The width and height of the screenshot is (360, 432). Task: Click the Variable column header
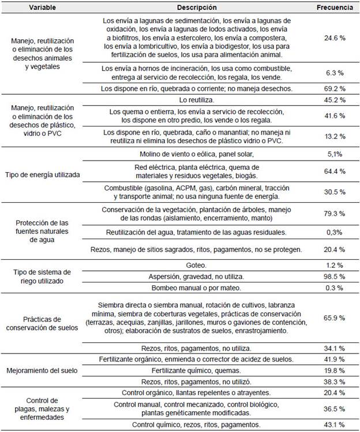click(42, 8)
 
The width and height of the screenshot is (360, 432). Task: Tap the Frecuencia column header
click(335, 8)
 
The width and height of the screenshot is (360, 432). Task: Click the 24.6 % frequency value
click(335, 38)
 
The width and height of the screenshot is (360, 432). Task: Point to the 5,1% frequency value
click(335, 154)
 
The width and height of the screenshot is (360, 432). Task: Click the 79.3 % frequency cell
click(335, 214)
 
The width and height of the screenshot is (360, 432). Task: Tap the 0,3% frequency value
click(335, 232)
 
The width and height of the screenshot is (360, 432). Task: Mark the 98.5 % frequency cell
click(335, 276)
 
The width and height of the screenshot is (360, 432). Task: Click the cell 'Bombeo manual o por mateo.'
click(197, 288)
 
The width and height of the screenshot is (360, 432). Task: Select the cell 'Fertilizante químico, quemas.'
click(197, 370)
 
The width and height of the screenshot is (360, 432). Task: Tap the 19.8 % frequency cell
click(335, 370)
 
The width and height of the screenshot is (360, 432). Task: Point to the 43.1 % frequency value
click(335, 424)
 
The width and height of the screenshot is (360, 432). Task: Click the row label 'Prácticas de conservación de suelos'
click(42, 323)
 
